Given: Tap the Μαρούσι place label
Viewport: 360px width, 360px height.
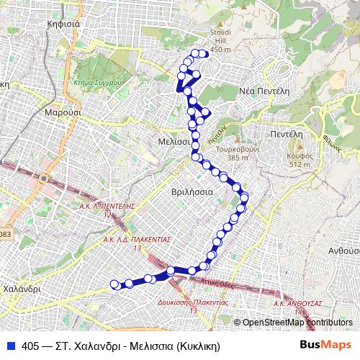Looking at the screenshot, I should tap(60, 113).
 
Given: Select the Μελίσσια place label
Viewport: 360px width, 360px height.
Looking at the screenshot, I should tap(174, 142).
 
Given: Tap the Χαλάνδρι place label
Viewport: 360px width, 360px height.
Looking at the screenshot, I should tap(19, 287).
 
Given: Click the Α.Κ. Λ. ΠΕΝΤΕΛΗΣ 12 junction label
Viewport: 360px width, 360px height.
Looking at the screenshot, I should tap(108, 209).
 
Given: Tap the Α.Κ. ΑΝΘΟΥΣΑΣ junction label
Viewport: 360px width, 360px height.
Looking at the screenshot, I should tap(297, 305).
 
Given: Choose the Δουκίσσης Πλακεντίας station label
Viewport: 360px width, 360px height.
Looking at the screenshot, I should tap(193, 306).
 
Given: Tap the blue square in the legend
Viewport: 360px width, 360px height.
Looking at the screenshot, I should tap(11, 345).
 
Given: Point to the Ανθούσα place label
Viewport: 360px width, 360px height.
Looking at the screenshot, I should tap(343, 251).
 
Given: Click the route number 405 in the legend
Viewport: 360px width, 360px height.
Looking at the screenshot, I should tap(31, 345).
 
